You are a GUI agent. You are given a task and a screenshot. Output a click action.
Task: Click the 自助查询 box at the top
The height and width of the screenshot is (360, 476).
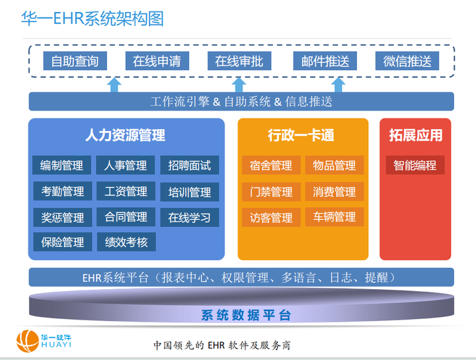coord(75,62)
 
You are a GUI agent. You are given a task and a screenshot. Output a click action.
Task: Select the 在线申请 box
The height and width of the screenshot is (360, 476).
coord(157,62)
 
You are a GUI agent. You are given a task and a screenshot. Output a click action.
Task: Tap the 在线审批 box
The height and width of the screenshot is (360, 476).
coord(239,62)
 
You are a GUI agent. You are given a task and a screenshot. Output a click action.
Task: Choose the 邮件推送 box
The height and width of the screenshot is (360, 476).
coord(325,62)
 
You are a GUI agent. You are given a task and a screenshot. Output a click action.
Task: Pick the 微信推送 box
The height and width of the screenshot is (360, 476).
coord(407,62)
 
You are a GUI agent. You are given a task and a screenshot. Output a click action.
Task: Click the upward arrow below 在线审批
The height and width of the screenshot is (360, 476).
coord(239,84)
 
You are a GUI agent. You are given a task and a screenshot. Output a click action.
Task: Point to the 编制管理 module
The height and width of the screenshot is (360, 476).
coord(62,165)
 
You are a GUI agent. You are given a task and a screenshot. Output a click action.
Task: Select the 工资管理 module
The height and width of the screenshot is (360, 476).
coord(126,191)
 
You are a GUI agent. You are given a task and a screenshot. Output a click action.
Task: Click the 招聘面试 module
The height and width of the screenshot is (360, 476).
coord(189,165)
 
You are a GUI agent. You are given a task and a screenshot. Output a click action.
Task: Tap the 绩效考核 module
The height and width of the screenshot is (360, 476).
coord(126,242)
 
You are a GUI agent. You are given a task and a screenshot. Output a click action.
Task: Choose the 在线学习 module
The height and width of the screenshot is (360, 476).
coord(189,217)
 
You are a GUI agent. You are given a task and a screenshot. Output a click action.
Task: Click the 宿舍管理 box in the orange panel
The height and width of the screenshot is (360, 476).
coord(271,165)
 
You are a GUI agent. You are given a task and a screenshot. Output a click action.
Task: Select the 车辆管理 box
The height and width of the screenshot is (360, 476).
coord(335,217)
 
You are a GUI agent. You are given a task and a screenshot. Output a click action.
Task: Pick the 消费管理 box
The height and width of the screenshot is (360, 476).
coord(335,192)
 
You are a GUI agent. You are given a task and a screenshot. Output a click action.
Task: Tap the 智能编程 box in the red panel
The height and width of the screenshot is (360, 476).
coord(415,165)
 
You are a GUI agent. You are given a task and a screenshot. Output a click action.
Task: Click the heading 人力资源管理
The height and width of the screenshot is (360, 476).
coord(126,136)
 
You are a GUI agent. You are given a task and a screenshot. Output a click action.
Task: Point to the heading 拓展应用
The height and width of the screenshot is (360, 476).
coord(415,136)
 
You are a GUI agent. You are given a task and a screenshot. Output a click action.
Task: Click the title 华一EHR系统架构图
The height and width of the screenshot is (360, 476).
coord(92,19)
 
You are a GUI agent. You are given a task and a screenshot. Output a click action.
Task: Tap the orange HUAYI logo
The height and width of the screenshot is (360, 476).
coord(30,341)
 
